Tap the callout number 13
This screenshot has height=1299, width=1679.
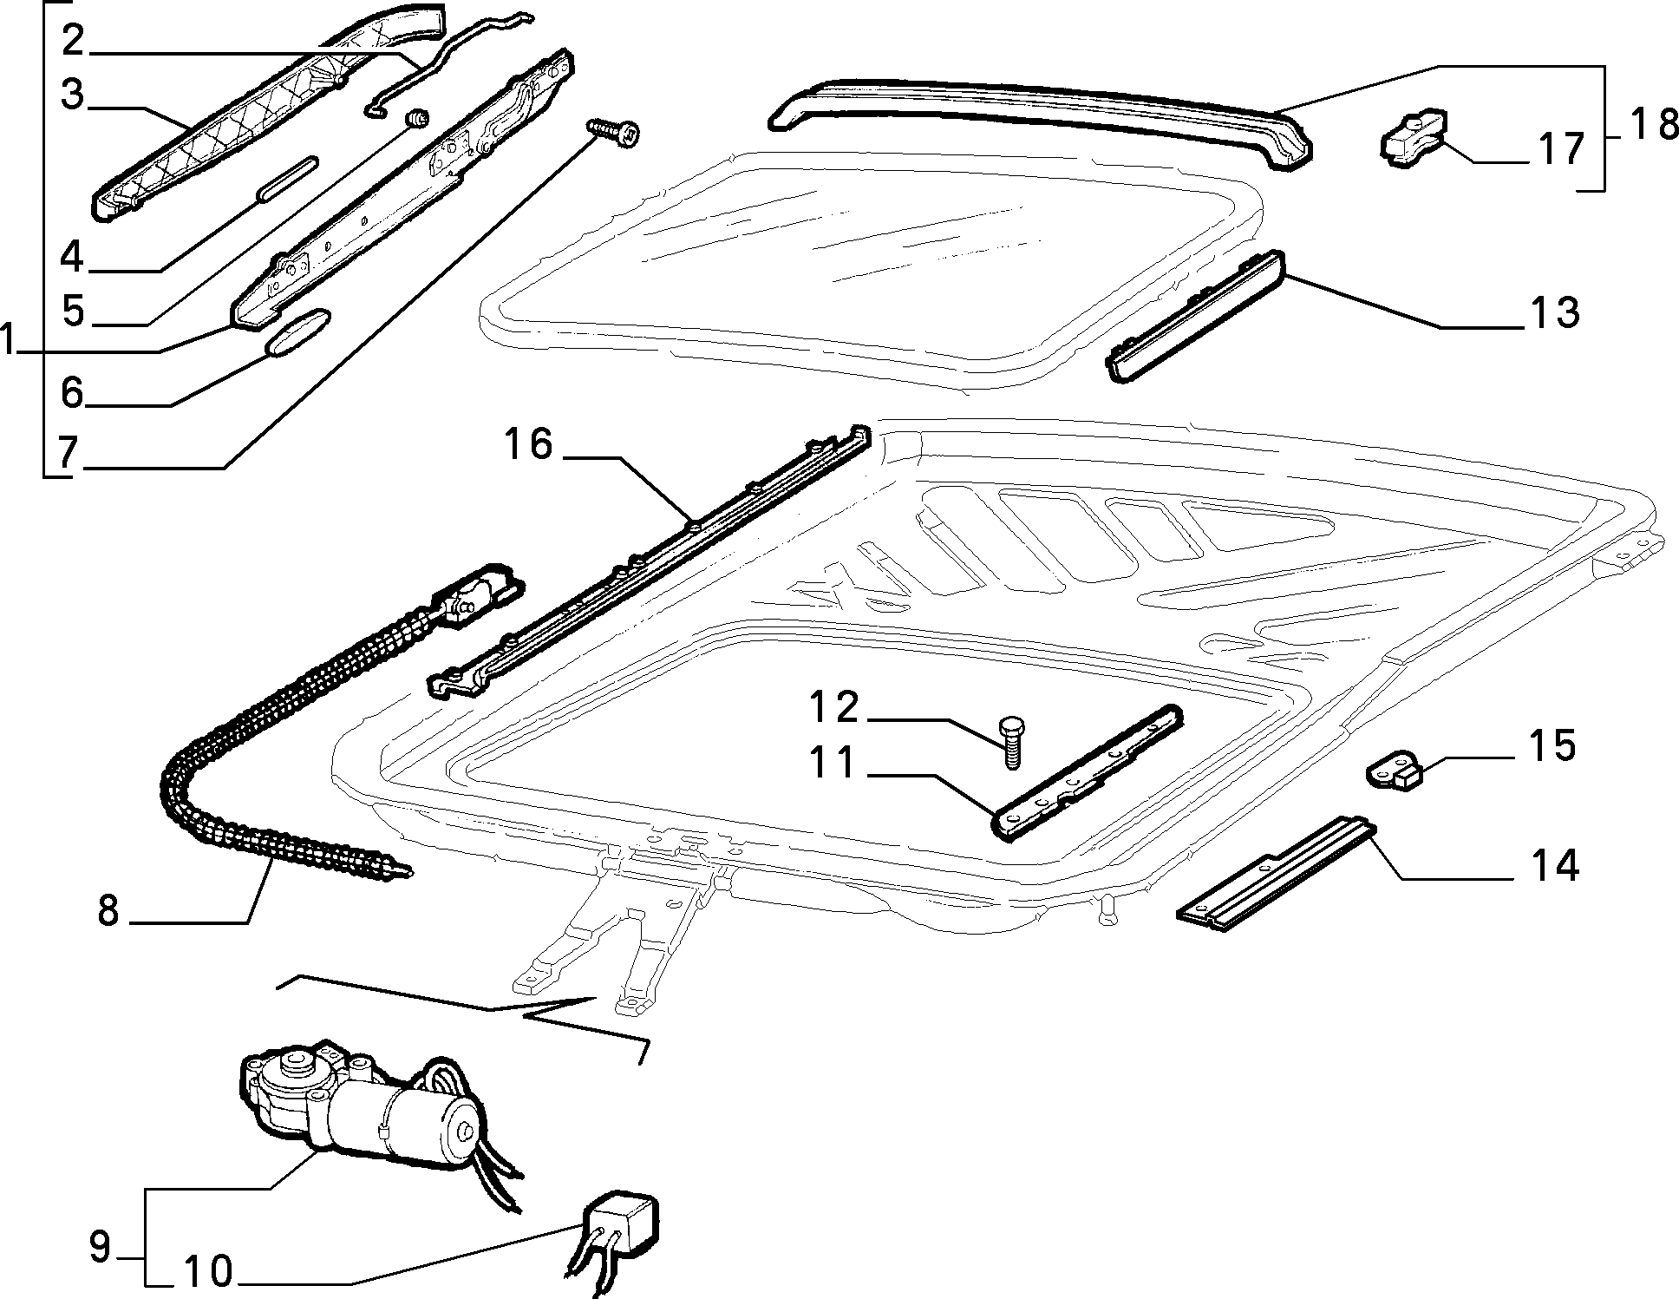pyautogui.click(x=1553, y=312)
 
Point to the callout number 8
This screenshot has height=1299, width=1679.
pyautogui.click(x=108, y=910)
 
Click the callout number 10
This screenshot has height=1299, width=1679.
pyautogui.click(x=209, y=1272)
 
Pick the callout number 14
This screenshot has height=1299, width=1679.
pyautogui.click(x=1552, y=867)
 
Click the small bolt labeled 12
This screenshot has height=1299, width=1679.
pyautogui.click(x=1012, y=741)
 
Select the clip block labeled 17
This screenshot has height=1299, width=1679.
pyautogui.click(x=1415, y=135)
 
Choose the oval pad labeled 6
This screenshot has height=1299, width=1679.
pyautogui.click(x=297, y=331)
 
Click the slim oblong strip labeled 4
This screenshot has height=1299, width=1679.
pyautogui.click(x=287, y=179)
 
